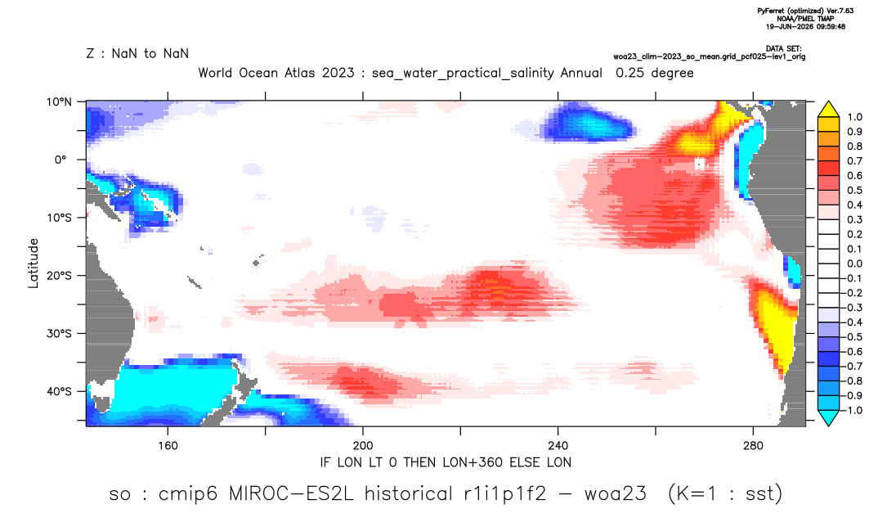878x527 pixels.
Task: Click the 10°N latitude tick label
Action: (58, 102)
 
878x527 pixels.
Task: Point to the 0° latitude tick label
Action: (60, 160)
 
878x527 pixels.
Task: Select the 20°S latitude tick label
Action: (58, 275)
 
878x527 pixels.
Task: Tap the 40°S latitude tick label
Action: (58, 391)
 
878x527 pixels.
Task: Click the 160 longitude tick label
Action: (168, 446)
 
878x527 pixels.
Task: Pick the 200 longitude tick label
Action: (363, 446)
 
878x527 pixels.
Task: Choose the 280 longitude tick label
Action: (753, 446)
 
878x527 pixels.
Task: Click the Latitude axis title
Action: (34, 263)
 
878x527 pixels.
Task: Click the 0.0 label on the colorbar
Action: (854, 263)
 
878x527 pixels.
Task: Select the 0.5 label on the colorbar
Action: (854, 190)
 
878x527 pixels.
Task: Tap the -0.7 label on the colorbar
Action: (852, 366)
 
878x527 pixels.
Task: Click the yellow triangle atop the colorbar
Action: (828, 110)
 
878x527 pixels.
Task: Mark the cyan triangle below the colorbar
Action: (828, 417)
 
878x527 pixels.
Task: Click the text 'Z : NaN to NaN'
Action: (137, 54)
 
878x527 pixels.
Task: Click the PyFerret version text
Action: (805, 11)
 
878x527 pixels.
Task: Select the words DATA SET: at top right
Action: (783, 49)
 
